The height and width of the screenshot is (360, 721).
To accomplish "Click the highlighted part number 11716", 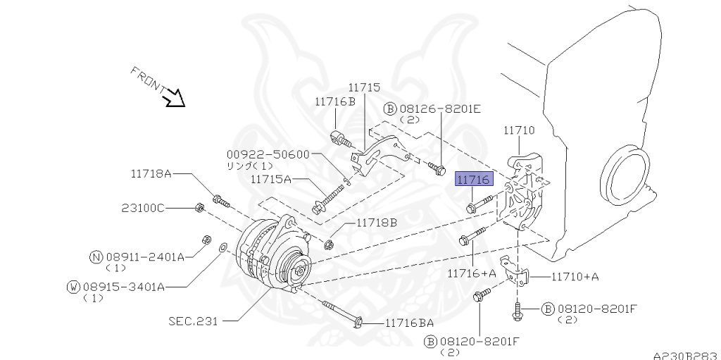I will pyautogui.click(x=475, y=181).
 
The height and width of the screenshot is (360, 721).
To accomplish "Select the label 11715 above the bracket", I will pyautogui.click(x=364, y=87).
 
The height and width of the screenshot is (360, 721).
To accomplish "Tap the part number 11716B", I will pyautogui.click(x=334, y=101).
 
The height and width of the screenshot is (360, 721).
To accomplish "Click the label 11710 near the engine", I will pyautogui.click(x=519, y=130).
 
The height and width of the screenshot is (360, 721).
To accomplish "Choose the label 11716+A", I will pyautogui.click(x=472, y=272).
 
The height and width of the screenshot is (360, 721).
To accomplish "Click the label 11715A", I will pyautogui.click(x=270, y=180).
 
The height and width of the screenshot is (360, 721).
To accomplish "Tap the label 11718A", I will pyautogui.click(x=151, y=173).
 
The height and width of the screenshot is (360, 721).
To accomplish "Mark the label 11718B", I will pyautogui.click(x=376, y=223).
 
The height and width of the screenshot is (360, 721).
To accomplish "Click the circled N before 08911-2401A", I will pyautogui.click(x=96, y=257).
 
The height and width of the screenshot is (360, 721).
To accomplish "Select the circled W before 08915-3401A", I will pyautogui.click(x=73, y=286).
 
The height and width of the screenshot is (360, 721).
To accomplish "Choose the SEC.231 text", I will pyautogui.click(x=193, y=321).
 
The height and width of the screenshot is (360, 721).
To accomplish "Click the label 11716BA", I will pyautogui.click(x=409, y=323).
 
